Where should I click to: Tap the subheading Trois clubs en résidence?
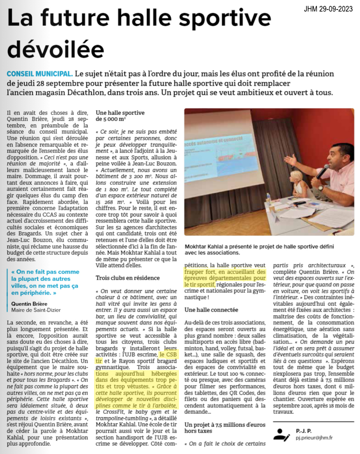click(x=128, y=277)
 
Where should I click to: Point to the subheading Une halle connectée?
click(x=211, y=310)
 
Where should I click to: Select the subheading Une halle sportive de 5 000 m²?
click(x=120, y=115)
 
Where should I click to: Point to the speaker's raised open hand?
click(x=290, y=159)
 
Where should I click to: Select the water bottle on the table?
click(x=267, y=199)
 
